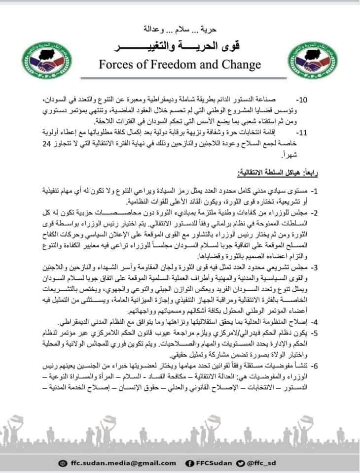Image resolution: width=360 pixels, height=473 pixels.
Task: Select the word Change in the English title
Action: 240,65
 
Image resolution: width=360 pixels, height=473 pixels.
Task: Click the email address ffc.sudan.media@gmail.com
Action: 116,463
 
